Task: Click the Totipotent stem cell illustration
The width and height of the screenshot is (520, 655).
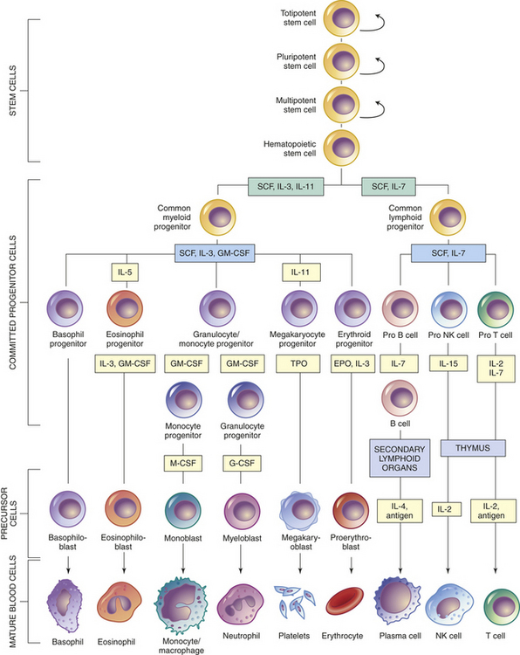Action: pyautogui.click(x=341, y=18)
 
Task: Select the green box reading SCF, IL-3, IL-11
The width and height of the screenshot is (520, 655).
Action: pyautogui.click(x=285, y=187)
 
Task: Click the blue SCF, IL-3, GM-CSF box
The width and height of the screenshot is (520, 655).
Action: pyautogui.click(x=215, y=252)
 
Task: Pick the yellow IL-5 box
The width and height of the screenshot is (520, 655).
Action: pyautogui.click(x=125, y=272)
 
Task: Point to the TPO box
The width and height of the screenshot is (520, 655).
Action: pyautogui.click(x=298, y=363)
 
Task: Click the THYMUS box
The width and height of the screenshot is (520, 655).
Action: pyautogui.click(x=473, y=448)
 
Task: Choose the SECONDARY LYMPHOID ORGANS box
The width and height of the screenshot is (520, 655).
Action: pyautogui.click(x=400, y=458)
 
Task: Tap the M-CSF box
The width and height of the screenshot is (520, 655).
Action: pyautogui.click(x=183, y=463)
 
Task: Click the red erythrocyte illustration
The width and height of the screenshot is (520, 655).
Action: pyautogui.click(x=345, y=601)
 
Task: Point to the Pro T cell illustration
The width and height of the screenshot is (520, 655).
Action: pyautogui.click(x=496, y=309)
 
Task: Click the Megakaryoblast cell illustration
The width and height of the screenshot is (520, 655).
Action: pyautogui.click(x=299, y=510)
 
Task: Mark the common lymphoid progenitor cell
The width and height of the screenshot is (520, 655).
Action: pyautogui.click(x=448, y=217)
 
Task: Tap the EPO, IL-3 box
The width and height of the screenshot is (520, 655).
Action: pyautogui.click(x=352, y=363)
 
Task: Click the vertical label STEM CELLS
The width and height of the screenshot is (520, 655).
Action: pyautogui.click(x=13, y=91)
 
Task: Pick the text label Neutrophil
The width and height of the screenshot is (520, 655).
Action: pyautogui.click(x=241, y=636)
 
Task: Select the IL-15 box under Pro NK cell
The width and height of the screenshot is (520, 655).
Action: pyautogui.click(x=448, y=363)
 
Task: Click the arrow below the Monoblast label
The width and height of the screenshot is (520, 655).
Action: pyautogui.click(x=183, y=559)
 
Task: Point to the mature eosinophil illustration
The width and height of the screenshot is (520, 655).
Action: pyautogui.click(x=120, y=603)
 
